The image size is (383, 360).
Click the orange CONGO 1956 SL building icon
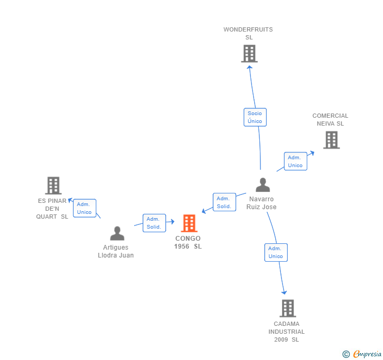[x=189, y=223]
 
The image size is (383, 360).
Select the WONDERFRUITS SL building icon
[x=249, y=54]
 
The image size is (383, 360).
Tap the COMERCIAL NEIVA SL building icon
[x=331, y=140]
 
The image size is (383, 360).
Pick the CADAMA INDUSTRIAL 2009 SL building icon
[x=287, y=308]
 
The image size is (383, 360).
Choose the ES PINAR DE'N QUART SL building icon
[x=53, y=186]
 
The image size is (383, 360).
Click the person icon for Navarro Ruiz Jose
[x=263, y=185]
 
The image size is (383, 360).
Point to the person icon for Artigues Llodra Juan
[x=117, y=233]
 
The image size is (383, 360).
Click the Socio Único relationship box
[x=255, y=117]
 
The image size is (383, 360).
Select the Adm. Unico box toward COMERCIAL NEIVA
[x=295, y=161]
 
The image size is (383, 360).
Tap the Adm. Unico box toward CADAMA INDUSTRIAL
[x=276, y=252]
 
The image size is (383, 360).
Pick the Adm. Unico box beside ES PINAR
[x=84, y=208]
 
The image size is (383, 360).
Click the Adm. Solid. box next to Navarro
[x=224, y=202]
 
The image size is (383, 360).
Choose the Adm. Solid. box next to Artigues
[x=154, y=223]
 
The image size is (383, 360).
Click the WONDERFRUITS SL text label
[x=248, y=33]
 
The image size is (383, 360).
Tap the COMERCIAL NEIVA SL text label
[x=330, y=120]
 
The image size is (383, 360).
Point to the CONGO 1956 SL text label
[x=188, y=242]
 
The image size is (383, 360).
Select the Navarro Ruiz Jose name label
[x=261, y=203]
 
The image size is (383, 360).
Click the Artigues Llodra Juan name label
[x=116, y=251]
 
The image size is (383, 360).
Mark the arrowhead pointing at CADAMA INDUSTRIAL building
[x=284, y=292]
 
